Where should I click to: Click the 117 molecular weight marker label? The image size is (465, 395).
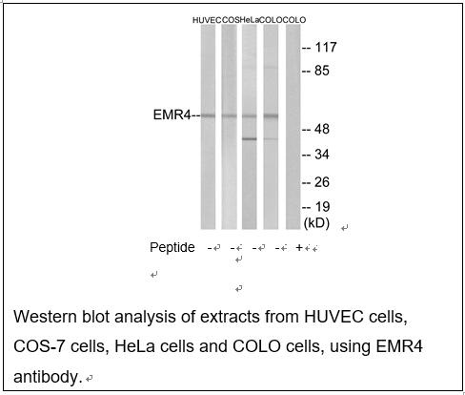coord(326,48)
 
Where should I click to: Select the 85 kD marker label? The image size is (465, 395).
coord(322,71)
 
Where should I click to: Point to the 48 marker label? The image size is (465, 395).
coord(322,129)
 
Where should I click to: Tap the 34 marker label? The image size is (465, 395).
coord(322,155)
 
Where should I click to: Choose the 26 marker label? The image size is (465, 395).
coord(322,182)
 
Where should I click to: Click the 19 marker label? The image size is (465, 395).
coord(323,207)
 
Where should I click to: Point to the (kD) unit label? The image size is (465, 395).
coord(316,223)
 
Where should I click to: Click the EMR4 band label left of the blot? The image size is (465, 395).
coord(172,114)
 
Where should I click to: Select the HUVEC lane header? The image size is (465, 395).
coord(207,20)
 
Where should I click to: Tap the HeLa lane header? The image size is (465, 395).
coord(250,20)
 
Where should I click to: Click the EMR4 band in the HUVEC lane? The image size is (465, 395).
coord(208,115)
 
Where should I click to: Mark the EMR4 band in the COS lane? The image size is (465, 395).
coord(229,115)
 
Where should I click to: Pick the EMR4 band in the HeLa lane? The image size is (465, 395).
coord(250,116)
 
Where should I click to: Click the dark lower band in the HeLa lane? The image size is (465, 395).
coord(250,138)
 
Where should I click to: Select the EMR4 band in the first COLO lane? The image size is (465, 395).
coord(271,116)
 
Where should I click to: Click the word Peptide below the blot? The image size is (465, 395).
coord(172,247)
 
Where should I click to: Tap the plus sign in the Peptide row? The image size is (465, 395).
coord(299,247)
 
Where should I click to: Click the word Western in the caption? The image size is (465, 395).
coord(46,317)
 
